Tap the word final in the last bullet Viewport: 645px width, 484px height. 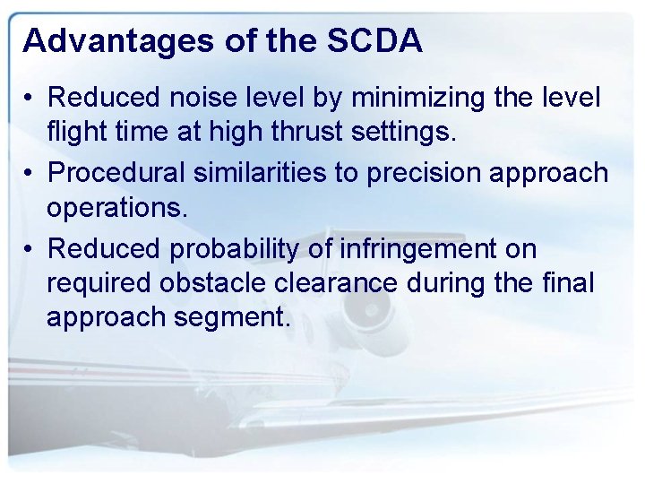tap(569, 282)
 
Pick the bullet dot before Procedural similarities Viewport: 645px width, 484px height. tap(31, 173)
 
